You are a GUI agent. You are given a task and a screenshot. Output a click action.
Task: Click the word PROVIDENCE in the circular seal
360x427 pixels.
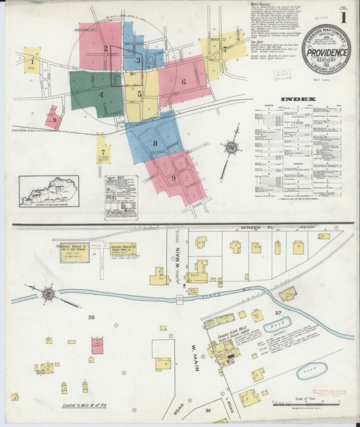pos(326,51)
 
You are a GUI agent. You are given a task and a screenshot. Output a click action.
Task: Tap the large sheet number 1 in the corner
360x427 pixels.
pos(344,17)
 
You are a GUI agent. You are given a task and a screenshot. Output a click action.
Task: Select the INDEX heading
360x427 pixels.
pos(298,99)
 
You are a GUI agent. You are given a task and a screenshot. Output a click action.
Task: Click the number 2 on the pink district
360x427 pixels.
pos(106,48)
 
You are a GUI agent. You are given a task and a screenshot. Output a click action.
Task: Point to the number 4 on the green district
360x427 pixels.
pos(101,95)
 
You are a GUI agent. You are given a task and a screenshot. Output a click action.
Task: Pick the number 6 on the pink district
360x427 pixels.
pos(183,82)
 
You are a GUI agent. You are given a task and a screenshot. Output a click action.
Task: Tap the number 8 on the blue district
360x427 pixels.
pos(155,143)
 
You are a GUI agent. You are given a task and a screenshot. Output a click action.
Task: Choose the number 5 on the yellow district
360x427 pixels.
pos(140,94)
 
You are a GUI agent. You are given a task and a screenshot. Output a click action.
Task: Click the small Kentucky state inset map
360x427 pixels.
pos(49,191)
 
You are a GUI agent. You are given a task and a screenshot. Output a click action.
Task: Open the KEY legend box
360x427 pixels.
pos(121,196)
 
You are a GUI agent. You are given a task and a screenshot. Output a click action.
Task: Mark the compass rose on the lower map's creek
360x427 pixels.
pos(49,294)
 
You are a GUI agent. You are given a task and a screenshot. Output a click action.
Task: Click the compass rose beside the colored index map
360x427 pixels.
pos(232,147)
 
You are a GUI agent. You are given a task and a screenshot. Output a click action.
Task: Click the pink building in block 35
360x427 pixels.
pos(97,347)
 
